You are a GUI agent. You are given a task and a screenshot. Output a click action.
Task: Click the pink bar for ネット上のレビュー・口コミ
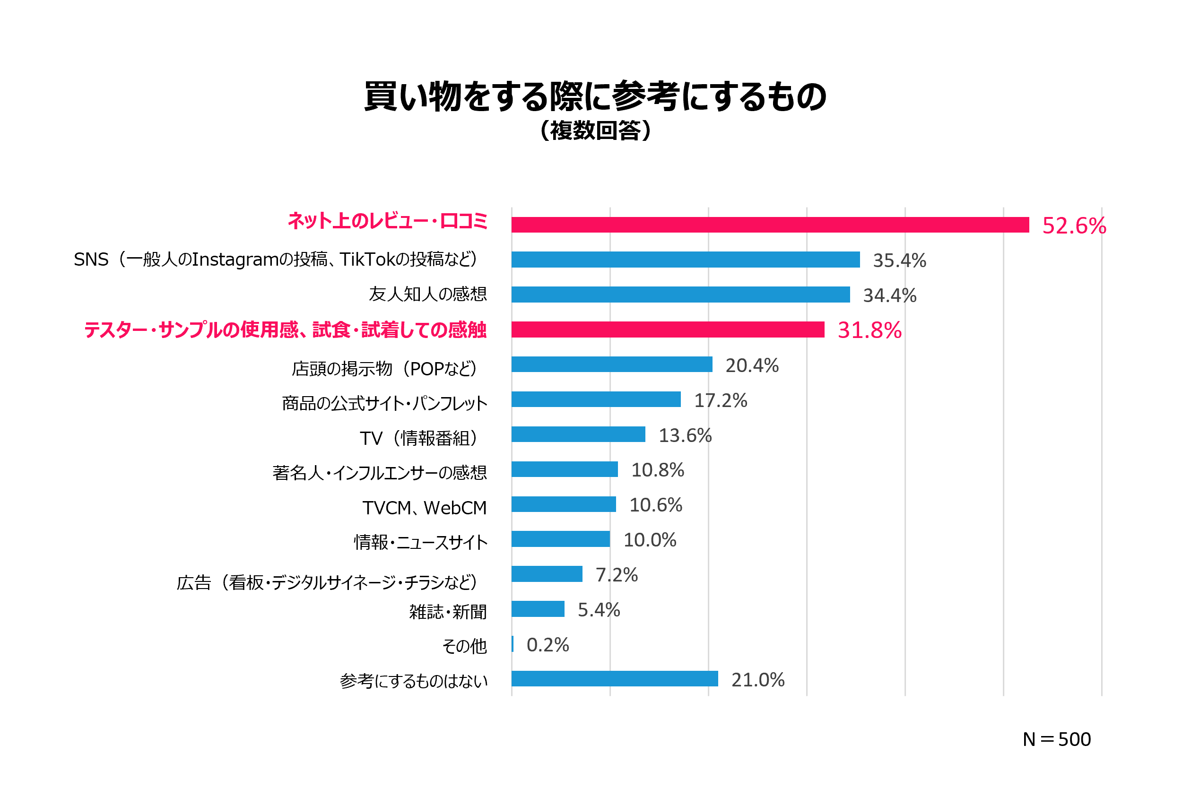pyautogui.click(x=770, y=225)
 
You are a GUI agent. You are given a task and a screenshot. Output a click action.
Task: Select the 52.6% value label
pyautogui.click(x=1074, y=226)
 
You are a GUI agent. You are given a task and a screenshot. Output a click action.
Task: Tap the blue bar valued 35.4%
pyautogui.click(x=685, y=260)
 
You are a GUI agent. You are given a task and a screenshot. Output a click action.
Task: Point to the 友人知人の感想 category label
pyautogui.click(x=427, y=294)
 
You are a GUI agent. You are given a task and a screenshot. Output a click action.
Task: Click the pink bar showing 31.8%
pyautogui.click(x=668, y=329)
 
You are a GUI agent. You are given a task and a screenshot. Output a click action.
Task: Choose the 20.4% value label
pyautogui.click(x=752, y=365)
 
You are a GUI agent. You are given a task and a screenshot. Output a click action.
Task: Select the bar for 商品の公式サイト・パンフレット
pyautogui.click(x=596, y=399)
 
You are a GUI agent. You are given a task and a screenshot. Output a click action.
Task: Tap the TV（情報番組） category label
pyautogui.click(x=419, y=438)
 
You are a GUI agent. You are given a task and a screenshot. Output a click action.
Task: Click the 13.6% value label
pyautogui.click(x=685, y=435)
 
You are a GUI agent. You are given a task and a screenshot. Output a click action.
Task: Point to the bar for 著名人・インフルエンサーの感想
pyautogui.click(x=564, y=469)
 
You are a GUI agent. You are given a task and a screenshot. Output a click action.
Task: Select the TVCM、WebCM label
pyautogui.click(x=424, y=508)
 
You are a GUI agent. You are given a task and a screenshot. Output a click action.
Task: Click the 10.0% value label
pyautogui.click(x=649, y=540)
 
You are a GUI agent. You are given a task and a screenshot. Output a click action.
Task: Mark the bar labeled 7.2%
pyautogui.click(x=547, y=574)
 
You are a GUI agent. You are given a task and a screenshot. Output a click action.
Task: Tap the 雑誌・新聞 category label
pyautogui.click(x=447, y=612)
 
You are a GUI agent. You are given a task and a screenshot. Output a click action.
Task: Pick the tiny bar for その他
pyautogui.click(x=513, y=644)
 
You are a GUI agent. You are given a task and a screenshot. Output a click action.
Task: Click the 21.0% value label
pyautogui.click(x=757, y=680)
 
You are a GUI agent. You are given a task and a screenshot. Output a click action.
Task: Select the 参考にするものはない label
pyautogui.click(x=413, y=681)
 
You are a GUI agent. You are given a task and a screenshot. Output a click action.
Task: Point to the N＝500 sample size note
pyautogui.click(x=1056, y=739)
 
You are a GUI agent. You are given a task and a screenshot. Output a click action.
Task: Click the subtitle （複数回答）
pyautogui.click(x=596, y=130)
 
